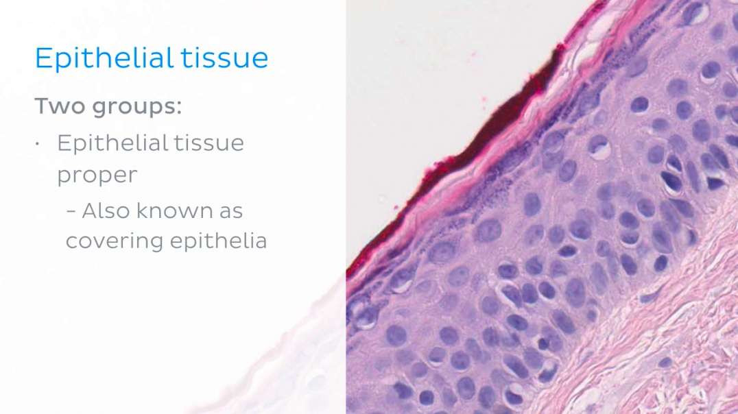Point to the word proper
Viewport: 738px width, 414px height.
[x=96, y=176]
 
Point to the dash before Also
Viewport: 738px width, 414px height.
[x=71, y=211]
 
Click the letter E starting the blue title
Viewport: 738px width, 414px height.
[x=43, y=58]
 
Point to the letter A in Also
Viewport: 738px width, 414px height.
[x=89, y=210]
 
